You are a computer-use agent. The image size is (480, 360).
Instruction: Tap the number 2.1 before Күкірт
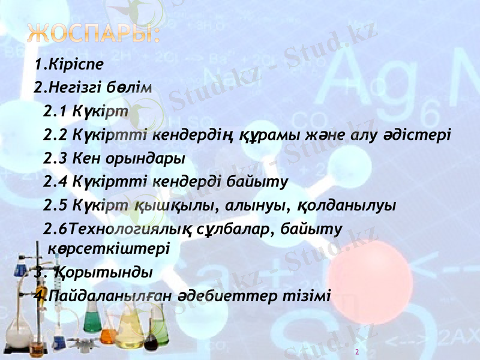pos(56,111)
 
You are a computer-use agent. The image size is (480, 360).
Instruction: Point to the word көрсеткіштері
pos(108,247)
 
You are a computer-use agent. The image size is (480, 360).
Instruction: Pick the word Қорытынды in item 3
pos(102,272)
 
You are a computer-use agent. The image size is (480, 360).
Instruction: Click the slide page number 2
pos(357,352)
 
